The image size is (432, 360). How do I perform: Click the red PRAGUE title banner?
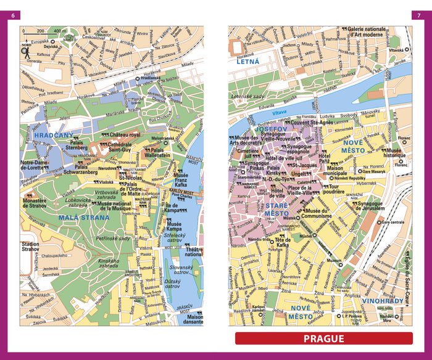(x=323, y=338)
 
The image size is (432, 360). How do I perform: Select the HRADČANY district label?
(x=54, y=135)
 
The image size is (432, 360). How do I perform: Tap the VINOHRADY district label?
(x=384, y=303)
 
